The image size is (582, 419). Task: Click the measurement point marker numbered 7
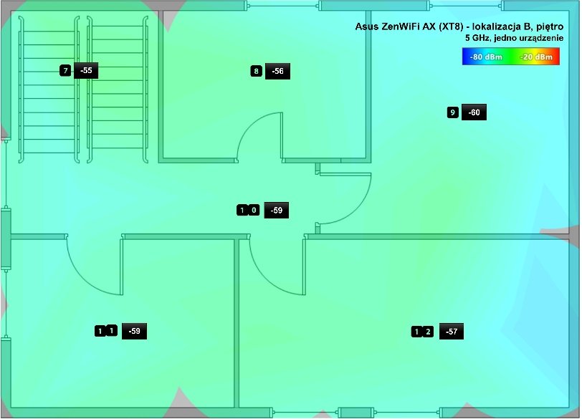coord(65,70)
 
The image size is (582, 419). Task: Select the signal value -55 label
coord(86,70)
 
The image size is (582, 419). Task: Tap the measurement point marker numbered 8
coord(256,71)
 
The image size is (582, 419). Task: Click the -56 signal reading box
coord(277,71)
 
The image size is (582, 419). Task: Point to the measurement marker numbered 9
coord(452,112)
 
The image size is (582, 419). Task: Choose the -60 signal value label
coord(474,112)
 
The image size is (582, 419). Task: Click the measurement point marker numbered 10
coord(248,211)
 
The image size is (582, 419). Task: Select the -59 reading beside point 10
coord(277,211)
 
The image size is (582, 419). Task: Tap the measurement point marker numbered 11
coord(106,331)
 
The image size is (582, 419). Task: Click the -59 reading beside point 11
coord(134,331)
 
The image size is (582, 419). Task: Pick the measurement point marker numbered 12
coord(422,332)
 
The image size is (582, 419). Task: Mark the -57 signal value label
coord(452,332)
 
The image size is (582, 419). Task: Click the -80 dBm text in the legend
coord(485,57)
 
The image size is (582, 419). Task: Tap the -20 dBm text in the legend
coord(536,57)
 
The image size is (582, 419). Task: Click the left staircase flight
coord(49,90)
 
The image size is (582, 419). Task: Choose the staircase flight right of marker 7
coord(118,90)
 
